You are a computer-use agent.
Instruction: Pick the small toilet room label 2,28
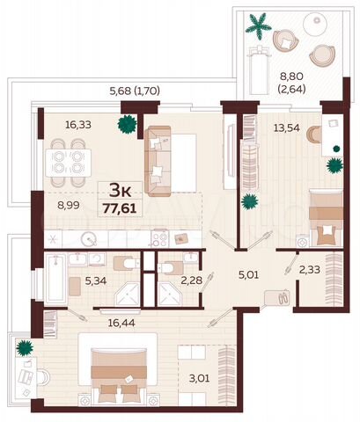click(191, 281)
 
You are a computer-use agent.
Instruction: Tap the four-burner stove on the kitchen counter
click(159, 237)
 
